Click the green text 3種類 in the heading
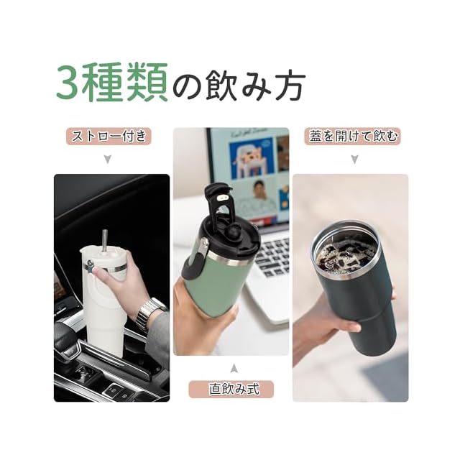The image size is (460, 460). (112, 82)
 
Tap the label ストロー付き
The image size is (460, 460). (109, 136)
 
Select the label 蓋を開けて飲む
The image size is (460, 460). (353, 136)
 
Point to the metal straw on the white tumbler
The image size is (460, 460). (104, 241)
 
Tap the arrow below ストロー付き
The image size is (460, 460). (108, 160)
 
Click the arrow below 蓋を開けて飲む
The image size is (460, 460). (354, 160)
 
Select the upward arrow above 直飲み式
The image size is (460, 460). (234, 368)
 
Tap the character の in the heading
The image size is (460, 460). (187, 85)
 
